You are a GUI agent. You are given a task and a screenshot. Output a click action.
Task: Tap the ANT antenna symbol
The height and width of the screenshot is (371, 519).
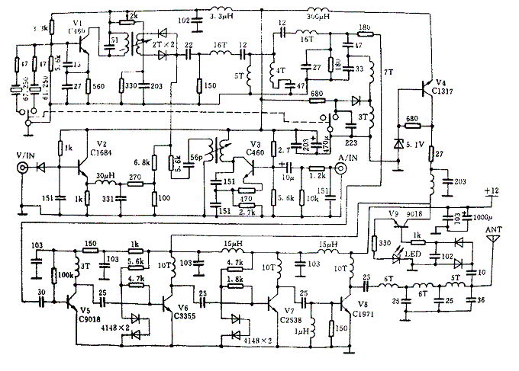pyautogui.click(x=494, y=238)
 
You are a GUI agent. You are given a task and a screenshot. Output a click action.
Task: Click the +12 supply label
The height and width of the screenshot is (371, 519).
pyautogui.click(x=492, y=190)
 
